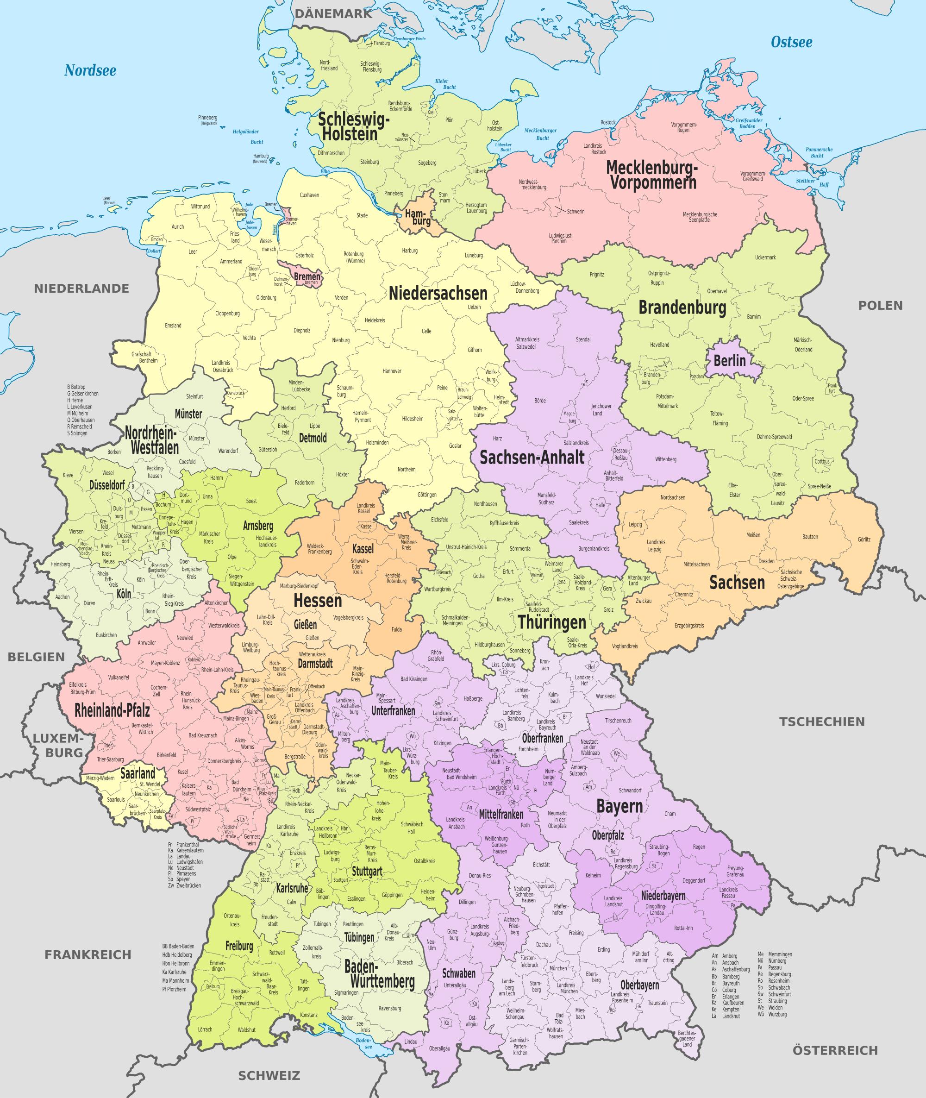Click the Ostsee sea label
pos(791,42)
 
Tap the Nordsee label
pos(90,70)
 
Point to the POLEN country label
pos(880,305)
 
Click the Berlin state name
pos(729,361)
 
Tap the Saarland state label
pos(138,773)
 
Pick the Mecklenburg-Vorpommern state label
pos(651,175)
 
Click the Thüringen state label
pos(552,622)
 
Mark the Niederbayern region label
pos(663,896)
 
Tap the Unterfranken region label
pos(393,710)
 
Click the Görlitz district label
pos(863,540)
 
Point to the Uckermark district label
pos(780,257)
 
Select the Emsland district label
pos(173,326)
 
